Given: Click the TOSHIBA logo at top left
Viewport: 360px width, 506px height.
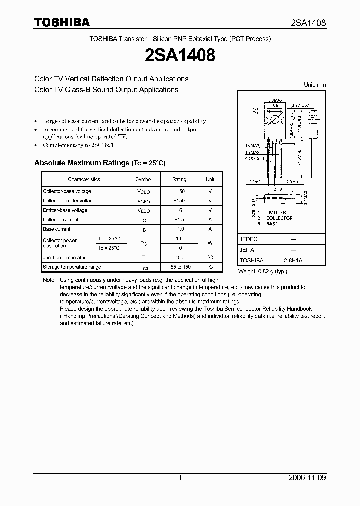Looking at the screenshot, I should (x=61, y=22).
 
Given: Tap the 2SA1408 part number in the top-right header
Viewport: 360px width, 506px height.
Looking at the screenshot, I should (x=309, y=23).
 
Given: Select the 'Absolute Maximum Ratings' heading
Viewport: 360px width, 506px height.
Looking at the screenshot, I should (x=99, y=163).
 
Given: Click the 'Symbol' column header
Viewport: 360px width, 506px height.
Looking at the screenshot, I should (x=144, y=179).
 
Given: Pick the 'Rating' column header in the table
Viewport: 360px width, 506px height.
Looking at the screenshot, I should (x=179, y=179).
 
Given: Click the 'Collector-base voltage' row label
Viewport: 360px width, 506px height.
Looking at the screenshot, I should (x=67, y=191).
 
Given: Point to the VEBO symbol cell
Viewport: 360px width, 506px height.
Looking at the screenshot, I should (x=144, y=211).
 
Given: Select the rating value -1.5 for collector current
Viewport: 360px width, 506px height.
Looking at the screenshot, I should (x=179, y=220).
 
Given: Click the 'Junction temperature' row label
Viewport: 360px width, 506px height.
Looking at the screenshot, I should (x=65, y=258).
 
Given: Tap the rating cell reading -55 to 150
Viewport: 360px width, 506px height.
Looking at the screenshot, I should (x=179, y=267).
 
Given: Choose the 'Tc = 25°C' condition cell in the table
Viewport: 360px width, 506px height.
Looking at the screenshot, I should (x=109, y=248).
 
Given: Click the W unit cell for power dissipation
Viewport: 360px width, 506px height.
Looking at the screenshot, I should (x=210, y=243).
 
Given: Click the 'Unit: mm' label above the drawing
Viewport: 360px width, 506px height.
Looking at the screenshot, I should (x=315, y=85).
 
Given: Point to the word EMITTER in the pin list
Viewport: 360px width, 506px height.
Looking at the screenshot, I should (x=276, y=212).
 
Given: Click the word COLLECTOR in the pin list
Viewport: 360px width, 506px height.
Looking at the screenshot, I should (x=279, y=218).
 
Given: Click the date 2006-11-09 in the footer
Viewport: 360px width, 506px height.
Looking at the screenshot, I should (x=308, y=478).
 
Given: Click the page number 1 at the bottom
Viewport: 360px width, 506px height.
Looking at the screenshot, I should (x=180, y=478).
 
